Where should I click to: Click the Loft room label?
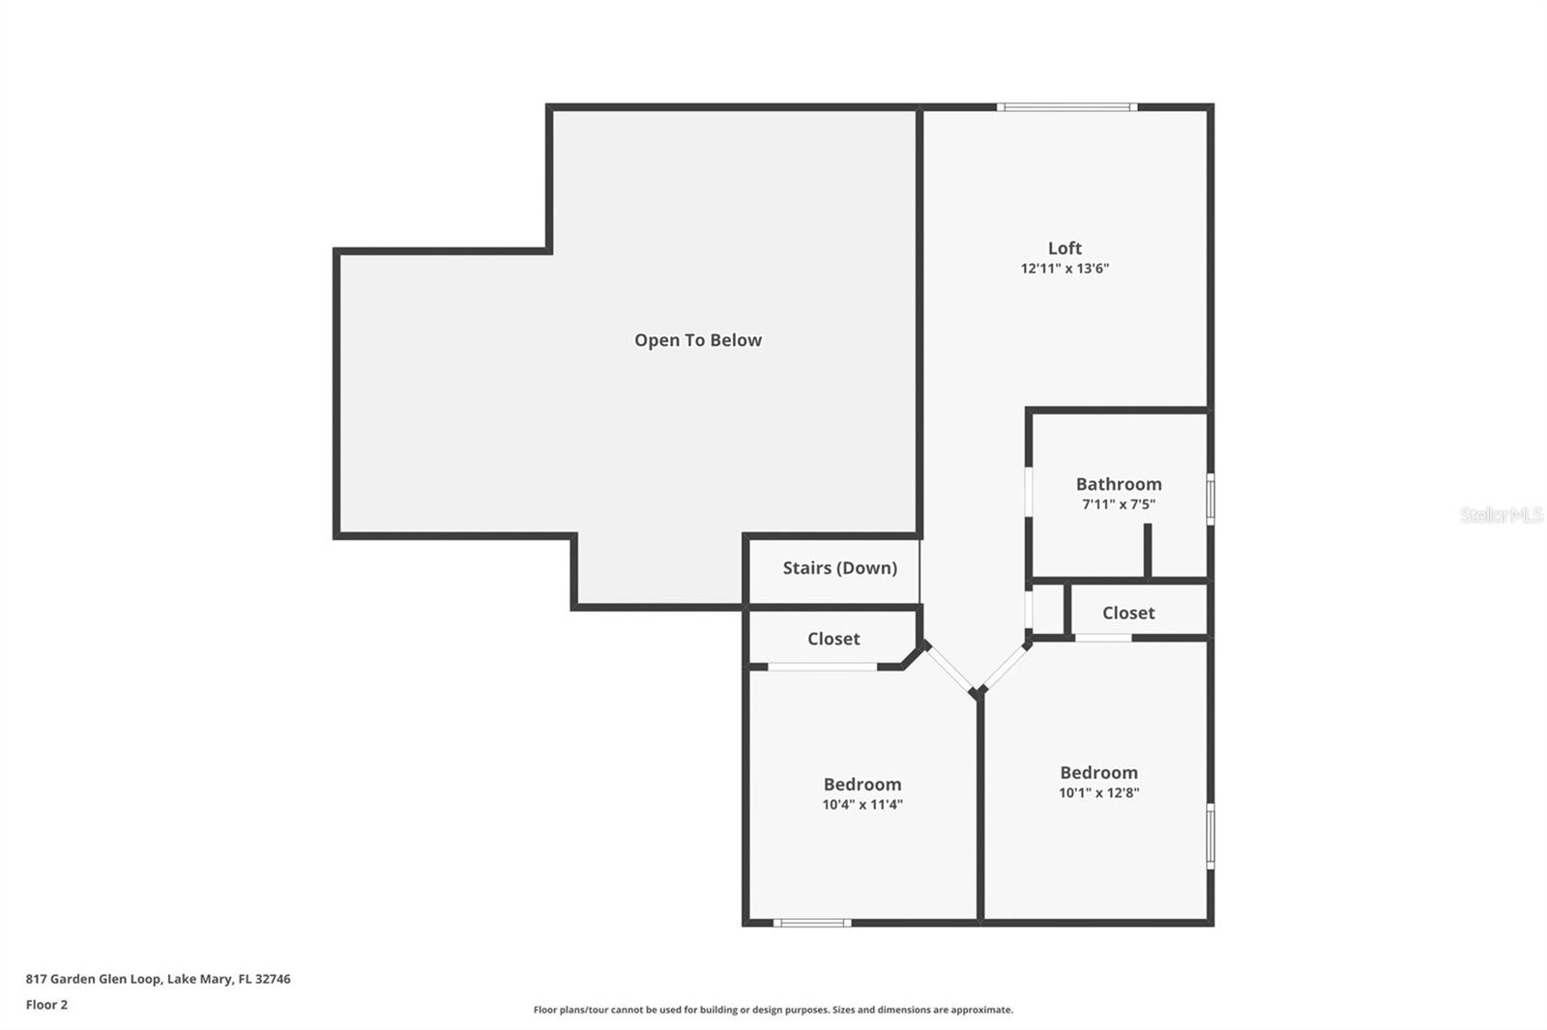click(x=1065, y=248)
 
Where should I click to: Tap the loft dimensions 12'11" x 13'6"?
click(x=1065, y=269)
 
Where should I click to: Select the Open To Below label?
click(x=697, y=340)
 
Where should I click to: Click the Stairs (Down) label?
click(x=839, y=568)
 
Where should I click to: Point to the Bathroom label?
click(x=1119, y=484)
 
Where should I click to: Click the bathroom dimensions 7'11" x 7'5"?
click(x=1119, y=504)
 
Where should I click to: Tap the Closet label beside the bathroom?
click(x=1128, y=613)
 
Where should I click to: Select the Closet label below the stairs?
click(x=833, y=639)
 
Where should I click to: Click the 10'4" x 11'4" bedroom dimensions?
click(x=862, y=805)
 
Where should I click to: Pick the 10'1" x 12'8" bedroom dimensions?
click(x=1098, y=793)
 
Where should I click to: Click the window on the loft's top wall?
click(x=1066, y=107)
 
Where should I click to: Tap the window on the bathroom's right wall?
click(x=1210, y=499)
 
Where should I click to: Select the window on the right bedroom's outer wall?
click(x=1210, y=836)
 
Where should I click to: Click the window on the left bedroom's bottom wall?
click(x=812, y=923)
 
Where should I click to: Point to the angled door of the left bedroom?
click(x=949, y=669)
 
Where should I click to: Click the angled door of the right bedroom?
click(x=1007, y=667)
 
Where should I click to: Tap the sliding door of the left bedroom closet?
click(x=822, y=667)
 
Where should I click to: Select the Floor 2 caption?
click(x=46, y=1005)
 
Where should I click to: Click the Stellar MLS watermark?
click(x=1501, y=515)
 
